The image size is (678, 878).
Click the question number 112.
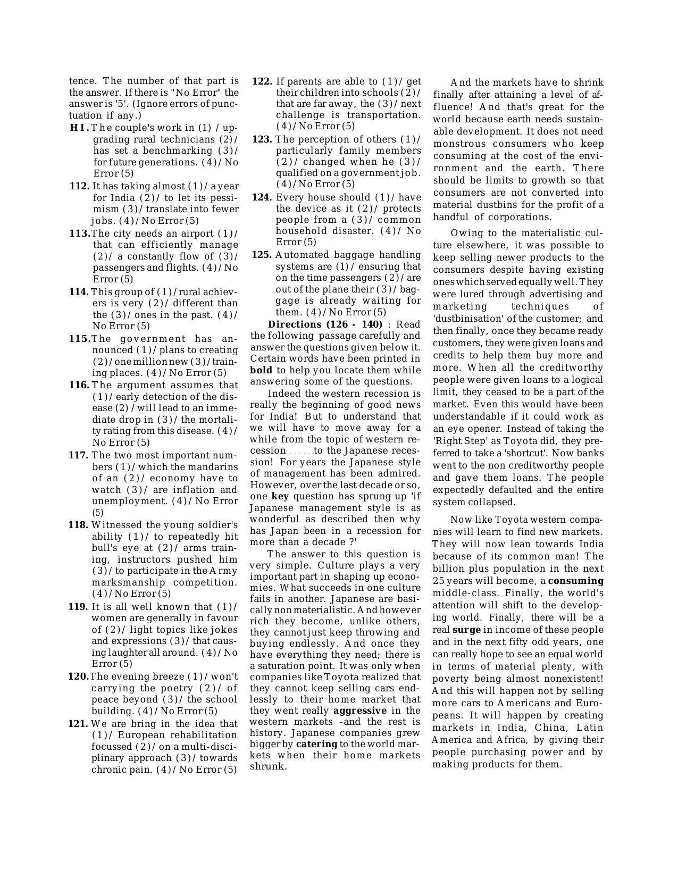tap(79, 186)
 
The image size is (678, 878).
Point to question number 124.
tap(262, 197)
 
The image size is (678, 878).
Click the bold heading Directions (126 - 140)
tap(325, 324)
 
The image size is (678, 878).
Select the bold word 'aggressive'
tap(360, 710)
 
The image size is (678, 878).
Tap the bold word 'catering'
tap(316, 744)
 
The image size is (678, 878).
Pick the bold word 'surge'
tap(466, 630)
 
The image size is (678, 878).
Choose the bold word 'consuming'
tap(576, 581)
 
